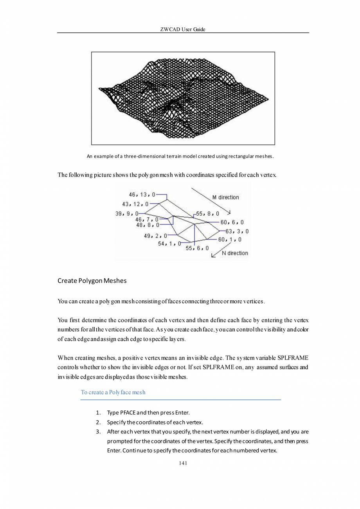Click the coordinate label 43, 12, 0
[x=135, y=204]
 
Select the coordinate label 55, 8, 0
[x=208, y=214]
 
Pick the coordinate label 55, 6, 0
[x=197, y=248]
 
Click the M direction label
[x=225, y=197]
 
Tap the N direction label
[x=235, y=253]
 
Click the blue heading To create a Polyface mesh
[x=113, y=392]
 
